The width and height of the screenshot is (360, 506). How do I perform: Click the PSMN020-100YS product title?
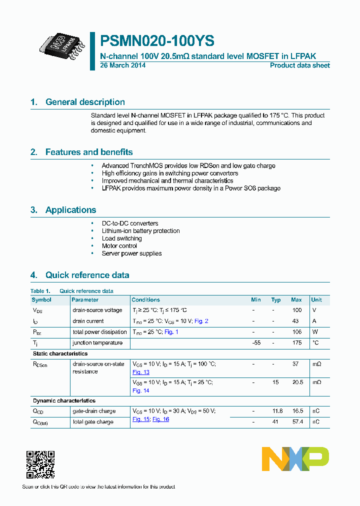click(x=157, y=40)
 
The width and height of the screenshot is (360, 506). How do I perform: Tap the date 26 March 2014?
click(x=123, y=65)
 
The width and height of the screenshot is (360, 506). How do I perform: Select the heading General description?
click(x=85, y=102)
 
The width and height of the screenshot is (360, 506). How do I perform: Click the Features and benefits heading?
click(x=89, y=152)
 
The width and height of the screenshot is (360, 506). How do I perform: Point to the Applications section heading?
click(x=70, y=210)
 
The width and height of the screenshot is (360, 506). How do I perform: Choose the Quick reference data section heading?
click(x=87, y=275)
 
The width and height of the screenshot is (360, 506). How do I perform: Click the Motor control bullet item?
click(x=119, y=246)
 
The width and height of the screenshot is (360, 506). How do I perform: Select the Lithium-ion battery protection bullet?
click(x=140, y=231)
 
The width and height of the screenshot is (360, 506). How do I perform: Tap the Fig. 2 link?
click(x=201, y=321)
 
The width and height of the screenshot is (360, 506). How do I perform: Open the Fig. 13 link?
click(x=140, y=372)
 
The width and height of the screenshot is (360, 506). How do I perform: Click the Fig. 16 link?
click(x=160, y=419)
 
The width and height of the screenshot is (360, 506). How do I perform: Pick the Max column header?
click(x=296, y=300)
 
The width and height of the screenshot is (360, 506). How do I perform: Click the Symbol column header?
click(x=41, y=300)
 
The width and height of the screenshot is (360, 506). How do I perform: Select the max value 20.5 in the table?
click(x=297, y=382)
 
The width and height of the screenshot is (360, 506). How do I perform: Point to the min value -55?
click(x=256, y=343)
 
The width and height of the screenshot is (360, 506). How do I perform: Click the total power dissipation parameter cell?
click(x=99, y=332)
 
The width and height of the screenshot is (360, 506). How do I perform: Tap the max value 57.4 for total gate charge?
click(x=297, y=422)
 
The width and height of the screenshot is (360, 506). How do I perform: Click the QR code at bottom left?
click(x=40, y=465)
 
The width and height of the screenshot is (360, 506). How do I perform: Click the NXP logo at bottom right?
click(x=295, y=459)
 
